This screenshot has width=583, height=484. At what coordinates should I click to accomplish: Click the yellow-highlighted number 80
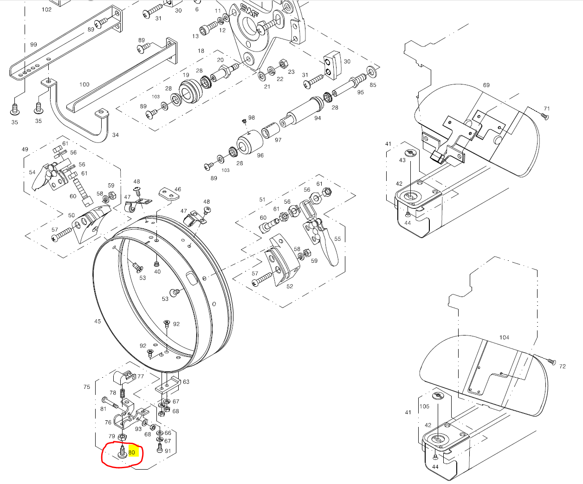[x=132, y=452]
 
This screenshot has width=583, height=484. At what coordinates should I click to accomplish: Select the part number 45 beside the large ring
[x=97, y=321]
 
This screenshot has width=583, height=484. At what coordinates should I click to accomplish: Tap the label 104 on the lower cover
[x=504, y=337]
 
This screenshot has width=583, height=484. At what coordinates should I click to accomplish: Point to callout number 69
[x=486, y=85]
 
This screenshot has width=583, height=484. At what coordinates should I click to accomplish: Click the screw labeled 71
[x=544, y=116]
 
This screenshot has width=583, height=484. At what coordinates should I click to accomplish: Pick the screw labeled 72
[x=552, y=361]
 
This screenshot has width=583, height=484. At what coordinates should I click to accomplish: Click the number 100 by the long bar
[x=84, y=84]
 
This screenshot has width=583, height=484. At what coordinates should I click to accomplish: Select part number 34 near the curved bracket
[x=115, y=135]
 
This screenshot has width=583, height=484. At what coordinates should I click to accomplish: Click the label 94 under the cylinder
[x=317, y=118]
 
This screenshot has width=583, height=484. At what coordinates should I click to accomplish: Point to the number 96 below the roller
[x=260, y=155]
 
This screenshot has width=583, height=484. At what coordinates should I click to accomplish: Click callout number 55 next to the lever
[x=337, y=239]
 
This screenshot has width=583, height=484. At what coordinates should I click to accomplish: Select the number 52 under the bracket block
[x=290, y=286]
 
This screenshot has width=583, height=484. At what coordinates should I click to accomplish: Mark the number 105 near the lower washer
[x=424, y=407]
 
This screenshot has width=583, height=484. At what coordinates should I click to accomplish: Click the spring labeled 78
[x=123, y=394]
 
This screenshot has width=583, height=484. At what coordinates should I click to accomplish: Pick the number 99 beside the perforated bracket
[x=33, y=45]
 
